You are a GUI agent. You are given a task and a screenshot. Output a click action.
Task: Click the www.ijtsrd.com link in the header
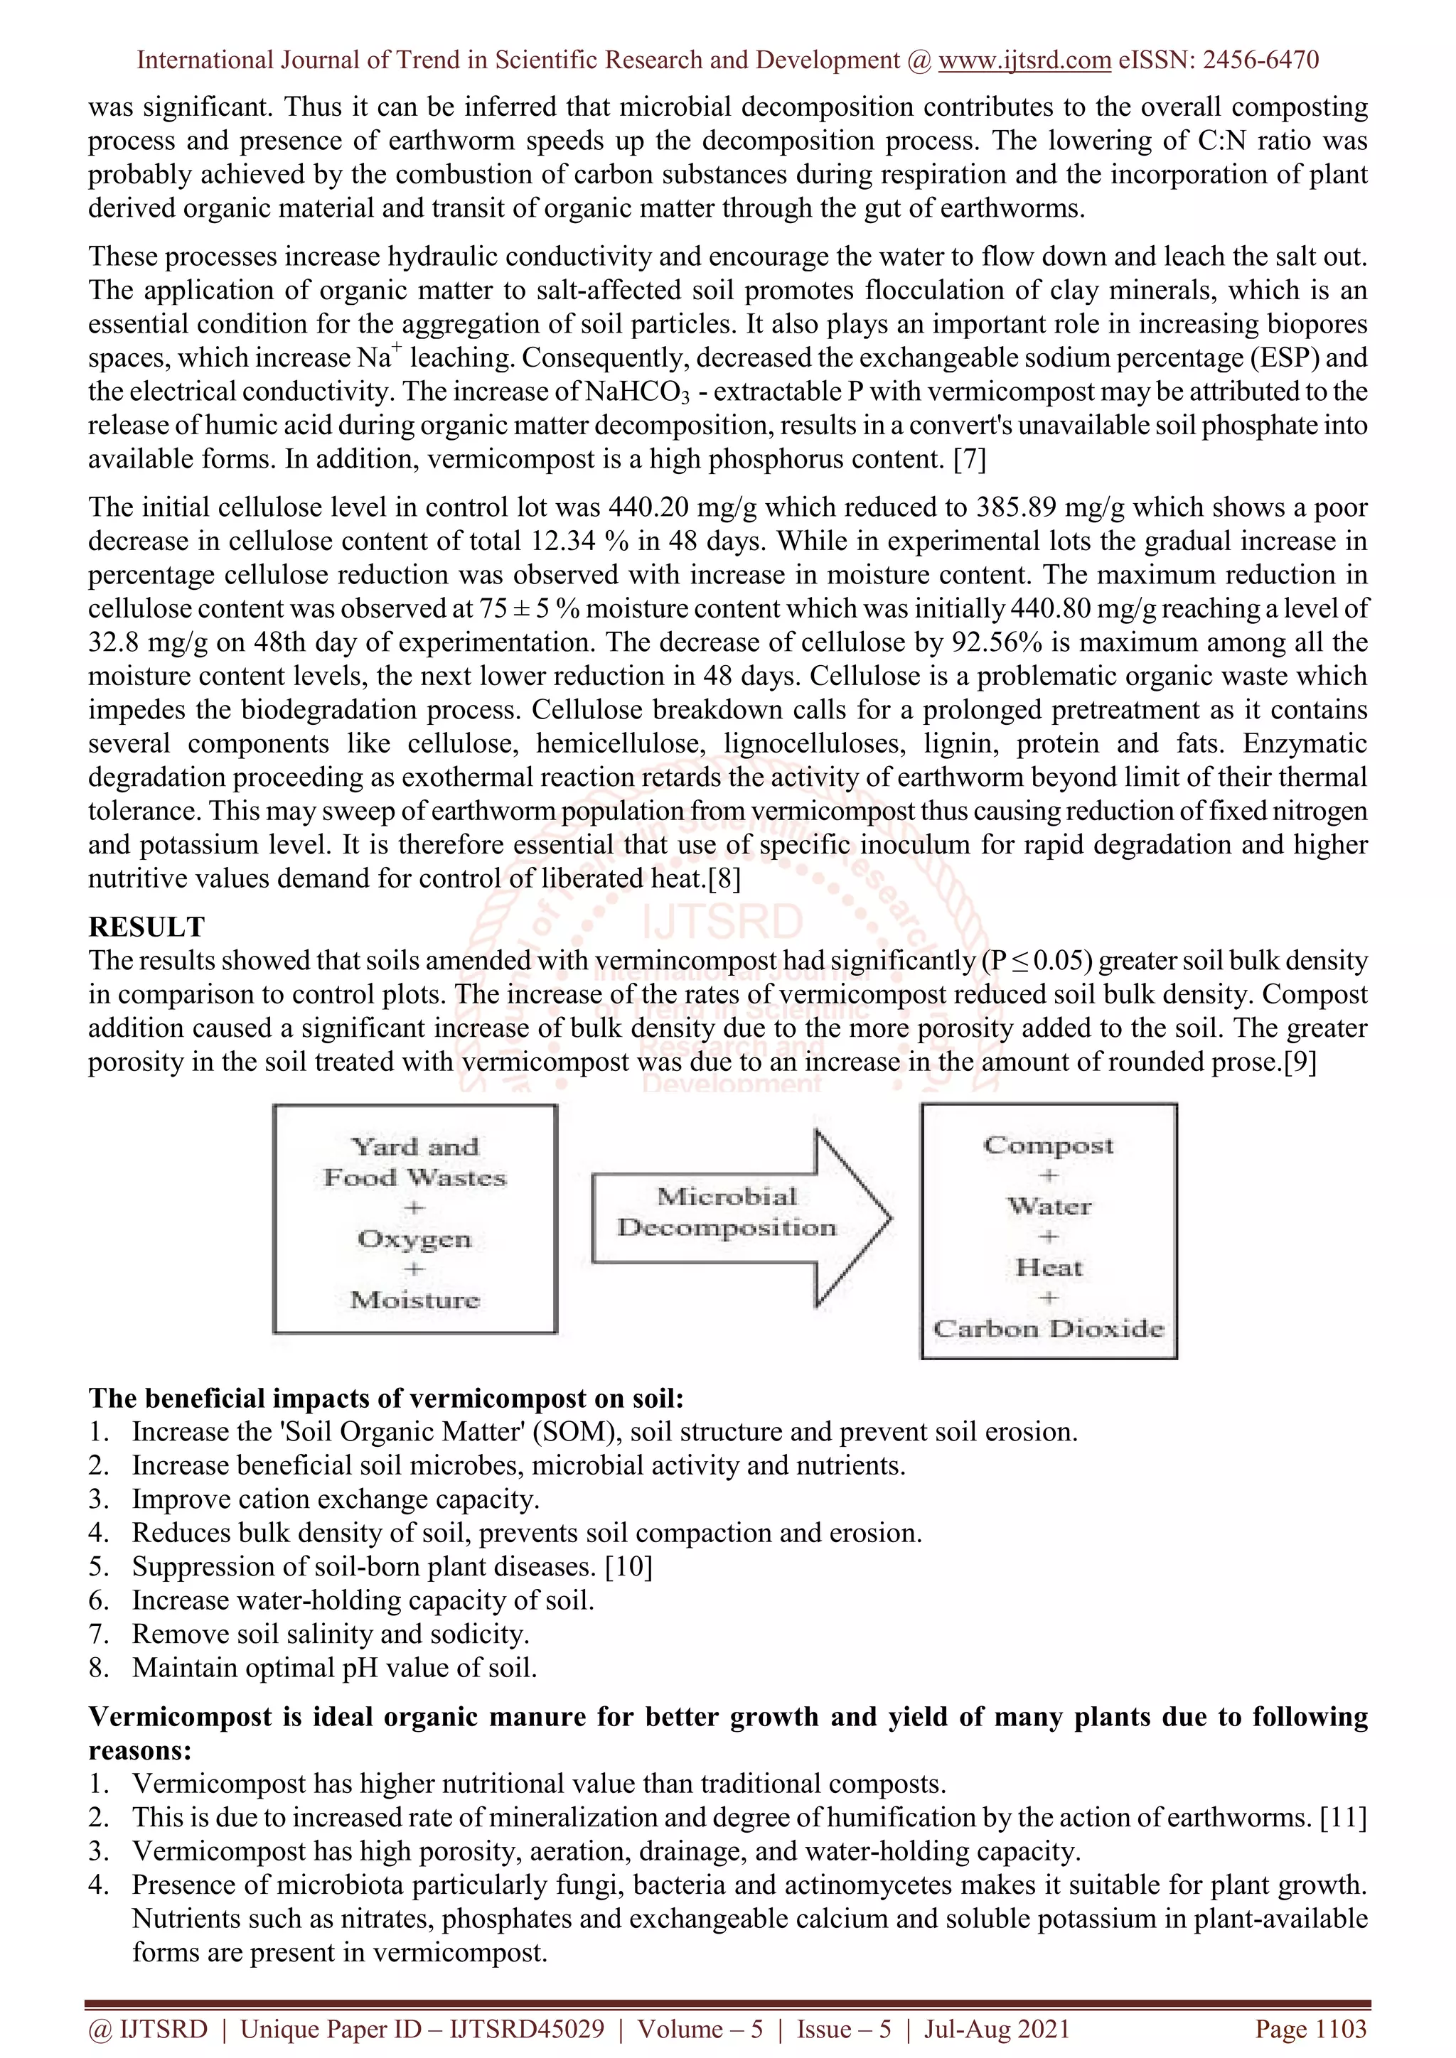point(1024,60)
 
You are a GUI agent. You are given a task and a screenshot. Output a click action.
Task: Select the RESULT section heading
point(146,926)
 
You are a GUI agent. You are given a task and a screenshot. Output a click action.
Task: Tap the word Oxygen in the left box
point(414,1239)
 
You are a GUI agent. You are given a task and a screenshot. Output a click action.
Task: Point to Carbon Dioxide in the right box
point(1048,1328)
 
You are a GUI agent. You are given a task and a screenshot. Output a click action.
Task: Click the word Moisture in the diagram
point(414,1300)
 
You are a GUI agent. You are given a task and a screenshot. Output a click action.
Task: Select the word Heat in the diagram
point(1048,1268)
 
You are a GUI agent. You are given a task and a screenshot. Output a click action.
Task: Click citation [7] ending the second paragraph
point(969,459)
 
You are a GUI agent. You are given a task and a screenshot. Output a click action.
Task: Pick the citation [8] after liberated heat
point(724,878)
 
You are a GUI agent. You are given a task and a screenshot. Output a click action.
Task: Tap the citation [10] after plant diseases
point(628,1566)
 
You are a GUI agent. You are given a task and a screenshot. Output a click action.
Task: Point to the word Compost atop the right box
point(1048,1145)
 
